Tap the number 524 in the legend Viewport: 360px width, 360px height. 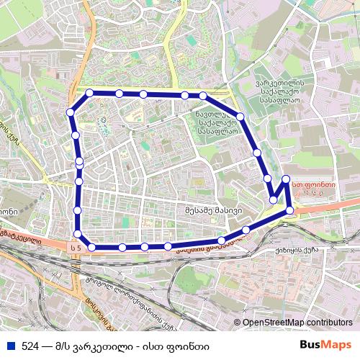30,346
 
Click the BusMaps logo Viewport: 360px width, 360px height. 325,346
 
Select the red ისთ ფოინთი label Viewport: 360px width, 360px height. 315,184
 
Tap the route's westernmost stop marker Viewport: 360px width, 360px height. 71,112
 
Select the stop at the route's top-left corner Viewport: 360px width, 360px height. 89,93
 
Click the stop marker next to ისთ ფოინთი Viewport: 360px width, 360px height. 286,179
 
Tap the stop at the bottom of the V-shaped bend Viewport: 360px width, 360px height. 274,199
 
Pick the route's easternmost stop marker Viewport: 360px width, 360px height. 290,210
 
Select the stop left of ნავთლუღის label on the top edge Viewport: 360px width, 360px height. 185,95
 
